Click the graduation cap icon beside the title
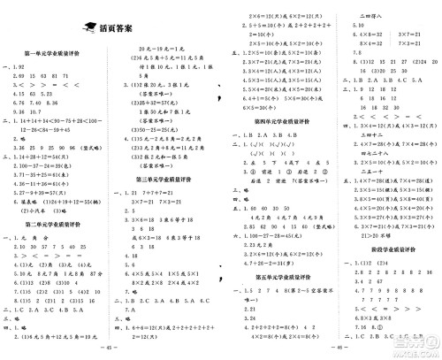click(x=88, y=27)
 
